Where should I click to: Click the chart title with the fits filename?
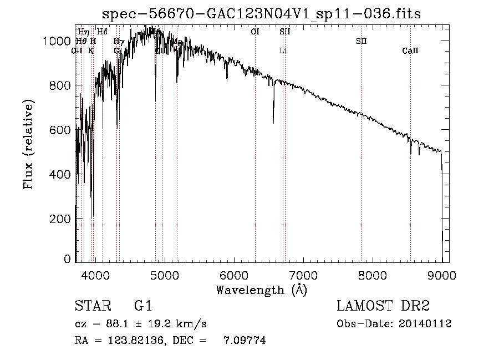[x=266, y=13]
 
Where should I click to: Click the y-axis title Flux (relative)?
[x=28, y=144]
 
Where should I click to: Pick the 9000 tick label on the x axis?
[x=442, y=274]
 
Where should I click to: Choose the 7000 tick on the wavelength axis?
[x=303, y=274]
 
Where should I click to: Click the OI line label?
[x=255, y=32]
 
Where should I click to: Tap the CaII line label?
[x=410, y=51]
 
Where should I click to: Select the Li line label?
[x=283, y=51]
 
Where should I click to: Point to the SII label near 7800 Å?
[x=361, y=41]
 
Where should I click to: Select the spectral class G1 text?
[x=142, y=306]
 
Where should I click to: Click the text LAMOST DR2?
[x=383, y=306]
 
